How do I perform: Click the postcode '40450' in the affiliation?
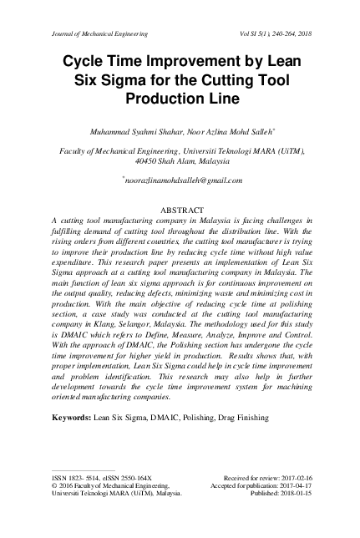(150, 161)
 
